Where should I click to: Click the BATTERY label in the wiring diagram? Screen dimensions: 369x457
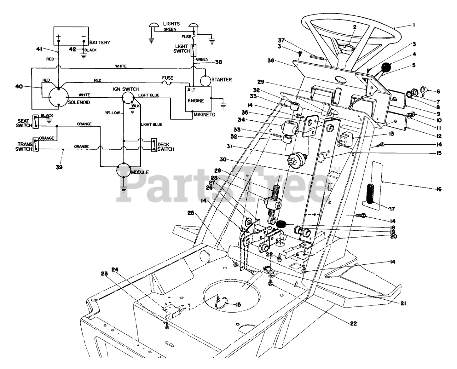100,43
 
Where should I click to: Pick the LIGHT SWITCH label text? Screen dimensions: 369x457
182,49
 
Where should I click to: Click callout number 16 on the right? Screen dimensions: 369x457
439,189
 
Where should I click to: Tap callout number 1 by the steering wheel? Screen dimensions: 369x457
413,25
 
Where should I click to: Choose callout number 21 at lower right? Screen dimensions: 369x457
403,304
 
